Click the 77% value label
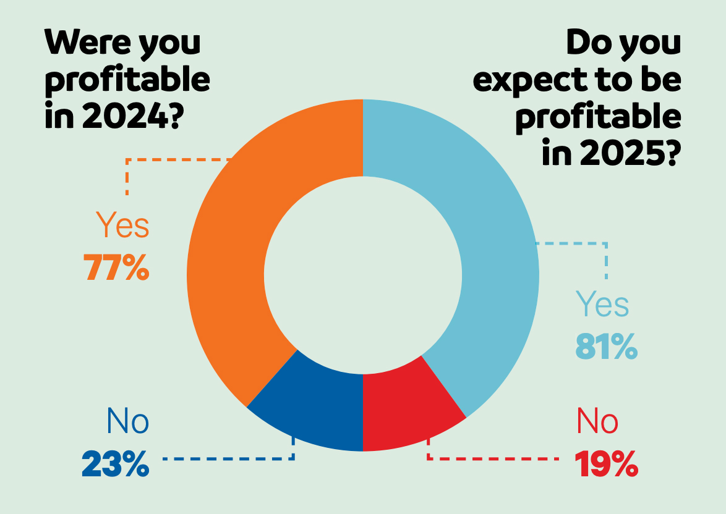116,268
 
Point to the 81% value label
606,348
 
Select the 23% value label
116,465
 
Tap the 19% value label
606,465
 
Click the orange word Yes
122,227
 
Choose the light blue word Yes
602,305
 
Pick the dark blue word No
128,422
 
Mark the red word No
597,422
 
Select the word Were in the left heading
83,43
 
